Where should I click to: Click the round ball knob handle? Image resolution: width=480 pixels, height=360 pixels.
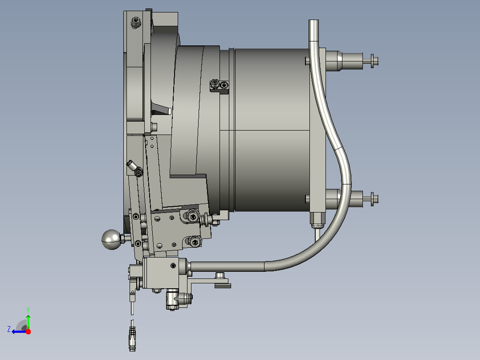pos(111,240)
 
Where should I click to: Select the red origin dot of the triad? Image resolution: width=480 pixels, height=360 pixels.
pos(28,331)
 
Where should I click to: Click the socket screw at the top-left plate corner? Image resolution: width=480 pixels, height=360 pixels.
pos(136,22)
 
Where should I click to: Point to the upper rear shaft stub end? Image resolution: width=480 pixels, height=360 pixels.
pos(374,61)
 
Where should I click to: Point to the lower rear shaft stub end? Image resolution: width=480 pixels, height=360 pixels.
pos(374,199)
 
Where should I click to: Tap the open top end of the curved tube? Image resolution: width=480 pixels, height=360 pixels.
pos(313,21)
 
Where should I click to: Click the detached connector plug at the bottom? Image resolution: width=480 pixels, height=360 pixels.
pos(132,339)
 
